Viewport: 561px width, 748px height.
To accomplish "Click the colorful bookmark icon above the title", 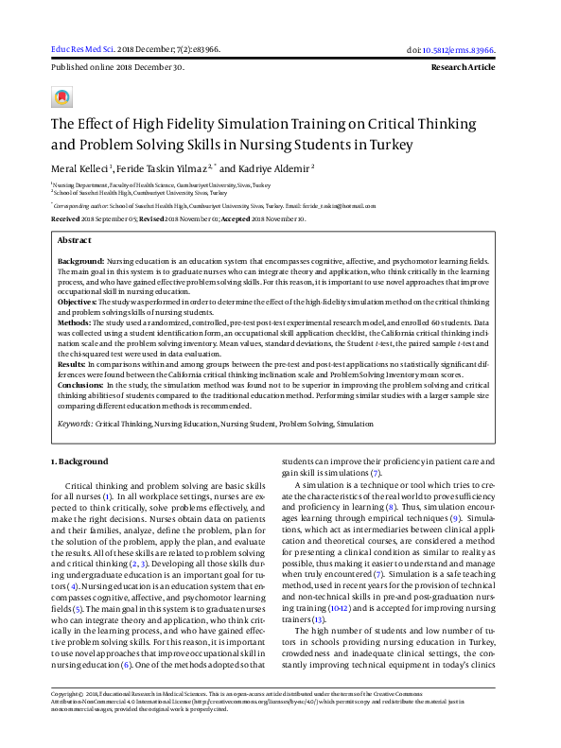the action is [62, 97].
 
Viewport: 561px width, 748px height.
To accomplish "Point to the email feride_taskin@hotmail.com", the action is [337, 203].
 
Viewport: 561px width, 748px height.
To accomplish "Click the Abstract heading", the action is [75, 241].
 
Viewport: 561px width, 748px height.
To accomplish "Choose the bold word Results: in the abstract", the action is [72, 364].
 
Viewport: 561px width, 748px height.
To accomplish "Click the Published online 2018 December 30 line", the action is [116, 68].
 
